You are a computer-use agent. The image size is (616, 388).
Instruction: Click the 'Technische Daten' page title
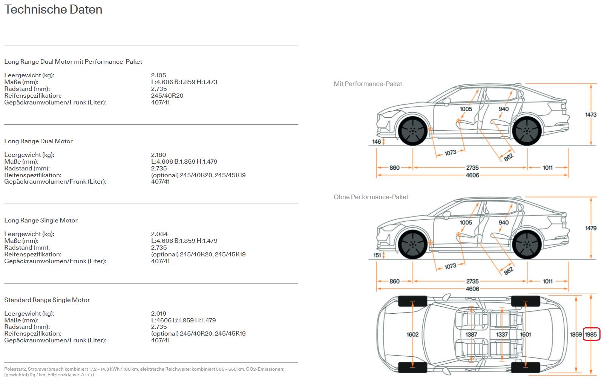point(53,9)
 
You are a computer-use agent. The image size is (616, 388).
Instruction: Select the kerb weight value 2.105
point(158,75)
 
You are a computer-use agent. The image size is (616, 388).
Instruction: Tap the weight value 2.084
point(159,234)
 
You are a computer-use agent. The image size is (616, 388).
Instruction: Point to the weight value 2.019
point(158,314)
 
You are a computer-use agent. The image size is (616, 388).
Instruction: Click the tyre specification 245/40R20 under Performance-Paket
point(167,96)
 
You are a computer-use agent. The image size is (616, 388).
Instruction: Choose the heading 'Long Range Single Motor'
point(41,221)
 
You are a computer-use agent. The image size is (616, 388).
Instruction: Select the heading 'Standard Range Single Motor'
point(47,300)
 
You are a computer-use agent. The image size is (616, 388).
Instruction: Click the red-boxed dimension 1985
point(591,334)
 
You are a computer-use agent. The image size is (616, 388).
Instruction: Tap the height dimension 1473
point(591,115)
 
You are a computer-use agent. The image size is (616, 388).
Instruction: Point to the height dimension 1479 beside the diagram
point(591,228)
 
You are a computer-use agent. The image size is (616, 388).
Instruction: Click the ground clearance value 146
point(376,142)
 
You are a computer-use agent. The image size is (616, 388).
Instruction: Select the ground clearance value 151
point(377,255)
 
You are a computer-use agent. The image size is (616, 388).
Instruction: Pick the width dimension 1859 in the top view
point(576,334)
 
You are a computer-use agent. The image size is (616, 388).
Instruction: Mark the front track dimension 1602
point(412,334)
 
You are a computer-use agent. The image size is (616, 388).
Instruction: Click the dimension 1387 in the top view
point(471,334)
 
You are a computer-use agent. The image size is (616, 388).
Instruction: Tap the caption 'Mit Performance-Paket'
point(368,84)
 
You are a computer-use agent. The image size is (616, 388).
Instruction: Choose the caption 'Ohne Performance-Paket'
point(371,197)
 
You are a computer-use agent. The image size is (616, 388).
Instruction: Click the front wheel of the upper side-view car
point(413,131)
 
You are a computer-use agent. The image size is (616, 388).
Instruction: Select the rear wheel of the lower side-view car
point(527,244)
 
